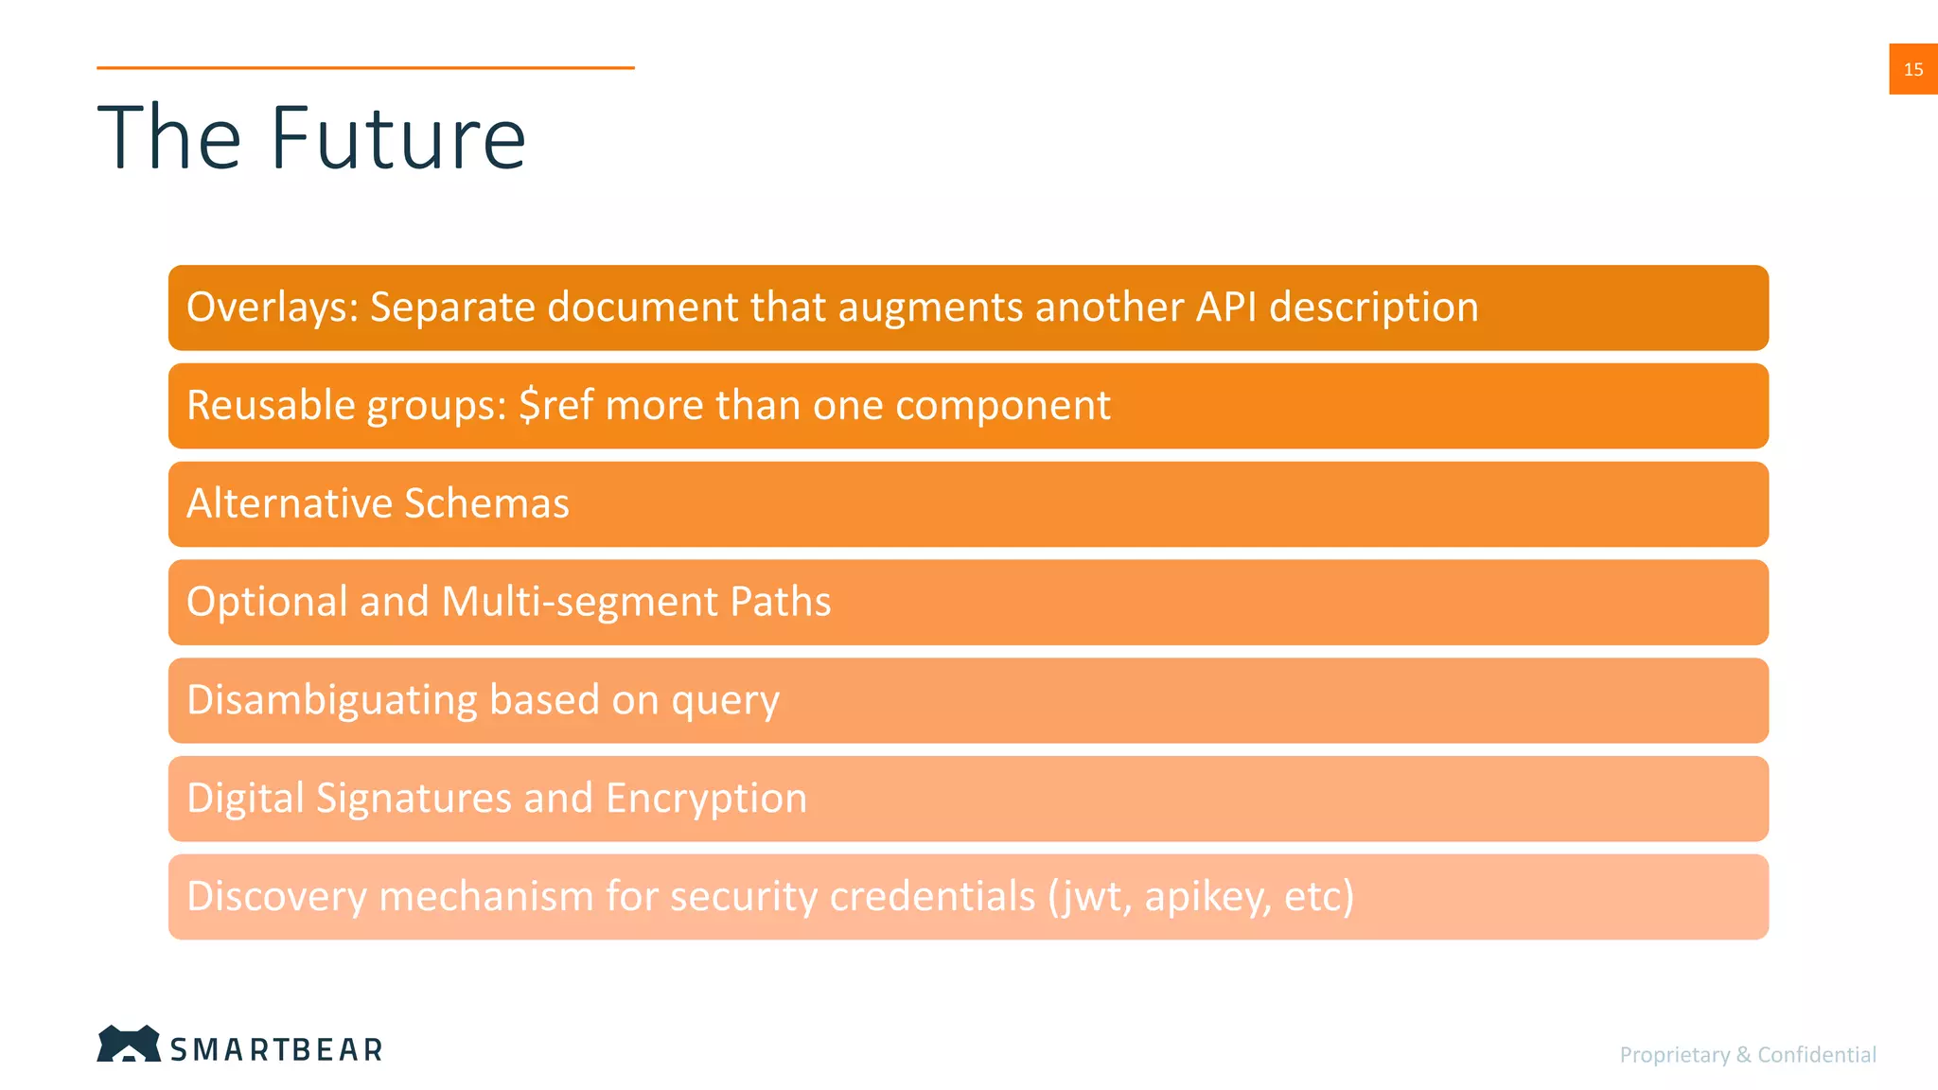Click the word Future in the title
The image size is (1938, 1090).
pyautogui.click(x=397, y=139)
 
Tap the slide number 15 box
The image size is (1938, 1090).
pyautogui.click(x=1912, y=69)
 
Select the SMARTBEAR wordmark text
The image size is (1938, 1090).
pyautogui.click(x=276, y=1049)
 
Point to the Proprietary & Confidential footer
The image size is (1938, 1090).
pyautogui.click(x=1747, y=1054)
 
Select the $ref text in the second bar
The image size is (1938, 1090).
pyautogui.click(x=556, y=406)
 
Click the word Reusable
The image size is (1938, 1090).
pyautogui.click(x=271, y=406)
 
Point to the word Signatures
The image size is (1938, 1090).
pyautogui.click(x=414, y=799)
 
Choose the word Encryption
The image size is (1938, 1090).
pyautogui.click(x=706, y=799)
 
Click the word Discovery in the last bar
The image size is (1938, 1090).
pyautogui.click(x=276, y=896)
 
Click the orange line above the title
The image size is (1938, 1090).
pyautogui.click(x=365, y=68)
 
